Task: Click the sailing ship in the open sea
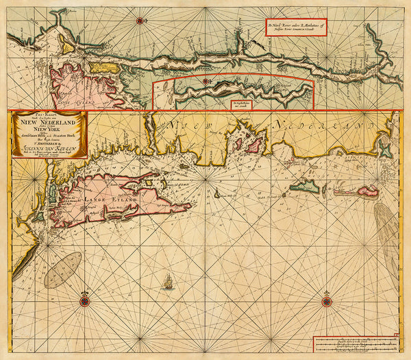(168, 280)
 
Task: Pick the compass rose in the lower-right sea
(325, 299)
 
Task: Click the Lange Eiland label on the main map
(103, 200)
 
